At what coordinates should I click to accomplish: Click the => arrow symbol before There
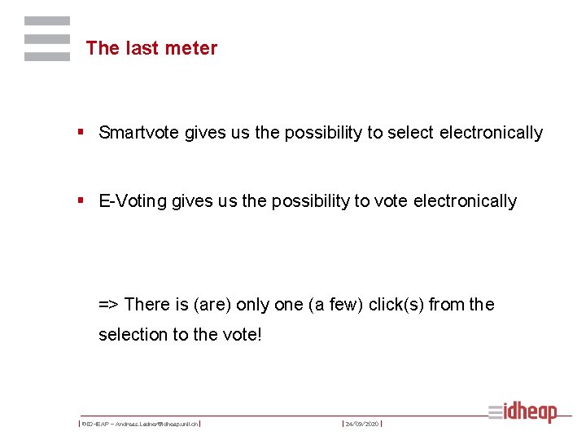coord(109,305)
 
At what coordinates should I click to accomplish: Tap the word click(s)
coord(396,305)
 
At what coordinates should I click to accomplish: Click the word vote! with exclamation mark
coord(242,335)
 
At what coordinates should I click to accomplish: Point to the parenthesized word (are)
coord(210,305)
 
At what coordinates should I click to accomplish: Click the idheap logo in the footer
coord(523,412)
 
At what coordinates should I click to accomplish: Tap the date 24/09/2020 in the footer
coord(362,424)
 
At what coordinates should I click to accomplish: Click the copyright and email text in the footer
coord(140,424)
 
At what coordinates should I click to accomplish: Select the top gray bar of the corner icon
coord(46,21)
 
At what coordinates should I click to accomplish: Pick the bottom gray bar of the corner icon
coord(46,57)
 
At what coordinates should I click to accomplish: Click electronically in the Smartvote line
coord(491,133)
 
